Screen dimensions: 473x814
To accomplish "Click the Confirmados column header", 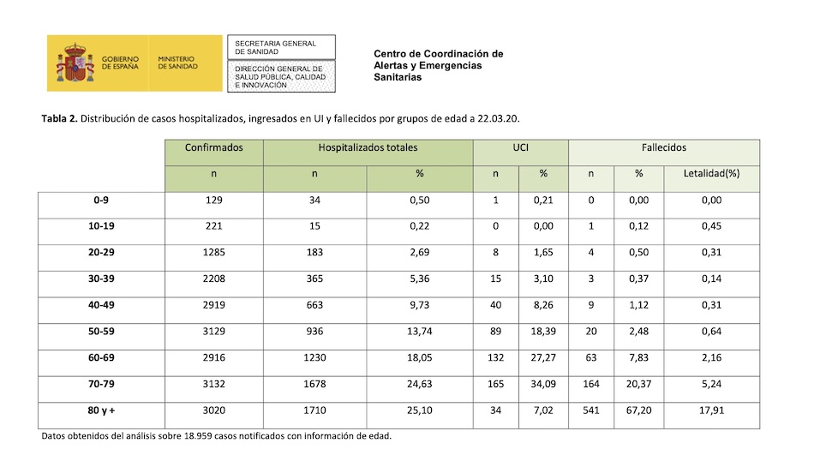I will pyautogui.click(x=213, y=147).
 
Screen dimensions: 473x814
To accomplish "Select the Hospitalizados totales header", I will pyautogui.click(x=368, y=147).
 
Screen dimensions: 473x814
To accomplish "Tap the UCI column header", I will pyautogui.click(x=519, y=147).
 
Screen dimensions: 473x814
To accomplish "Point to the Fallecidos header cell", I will pyautogui.click(x=664, y=147).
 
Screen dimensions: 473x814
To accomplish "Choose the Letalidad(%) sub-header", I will pyautogui.click(x=711, y=174).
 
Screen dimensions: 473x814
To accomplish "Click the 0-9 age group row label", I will pyautogui.click(x=102, y=201).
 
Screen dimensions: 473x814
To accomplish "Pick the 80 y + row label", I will pyautogui.click(x=102, y=410).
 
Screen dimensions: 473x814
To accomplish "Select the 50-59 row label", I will pyautogui.click(x=102, y=332).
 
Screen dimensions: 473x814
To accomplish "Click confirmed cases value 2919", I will pyautogui.click(x=213, y=306).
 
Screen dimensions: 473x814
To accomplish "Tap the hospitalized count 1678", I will pyautogui.click(x=314, y=385).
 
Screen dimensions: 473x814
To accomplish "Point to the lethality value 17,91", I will pyautogui.click(x=711, y=410).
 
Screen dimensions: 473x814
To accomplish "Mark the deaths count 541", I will pyautogui.click(x=590, y=410).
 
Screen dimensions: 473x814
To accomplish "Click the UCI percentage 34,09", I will pyautogui.click(x=543, y=385).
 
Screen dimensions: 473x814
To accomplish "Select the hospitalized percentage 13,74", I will pyautogui.click(x=419, y=332).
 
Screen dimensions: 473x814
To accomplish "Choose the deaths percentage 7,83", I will pyautogui.click(x=638, y=358).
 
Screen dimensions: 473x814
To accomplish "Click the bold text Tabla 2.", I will pyautogui.click(x=59, y=118).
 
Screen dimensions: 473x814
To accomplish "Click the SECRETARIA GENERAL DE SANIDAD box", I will pyautogui.click(x=280, y=47).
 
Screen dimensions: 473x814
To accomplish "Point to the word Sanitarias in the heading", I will pyautogui.click(x=398, y=77).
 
